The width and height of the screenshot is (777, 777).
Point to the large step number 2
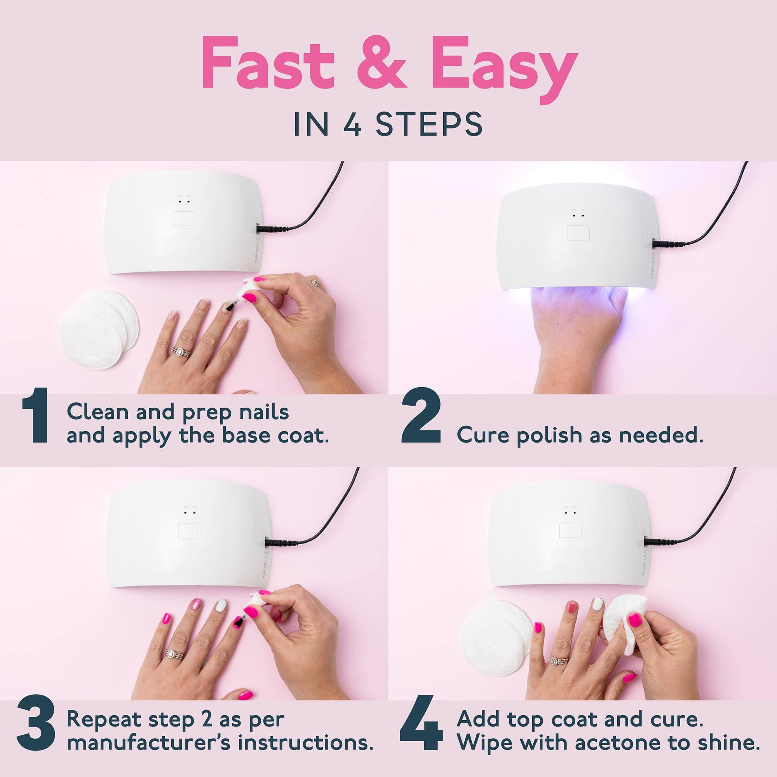pos(421,424)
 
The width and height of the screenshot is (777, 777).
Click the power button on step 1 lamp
pos(184,219)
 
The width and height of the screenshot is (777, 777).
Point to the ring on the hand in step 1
pos(178,352)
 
